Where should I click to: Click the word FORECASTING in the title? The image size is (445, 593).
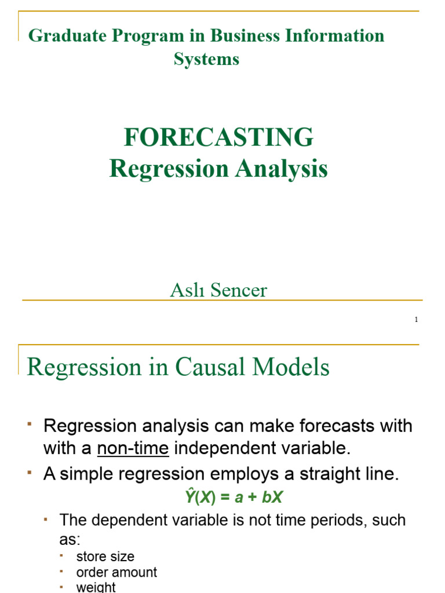tap(218, 137)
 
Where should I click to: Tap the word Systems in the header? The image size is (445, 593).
tap(207, 60)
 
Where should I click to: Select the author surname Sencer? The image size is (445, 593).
tap(239, 291)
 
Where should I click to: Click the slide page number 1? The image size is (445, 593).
tap(416, 320)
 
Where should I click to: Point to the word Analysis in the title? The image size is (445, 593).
tap(282, 169)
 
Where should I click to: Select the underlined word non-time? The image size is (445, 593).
tap(133, 448)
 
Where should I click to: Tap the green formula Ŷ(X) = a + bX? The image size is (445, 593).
tap(234, 496)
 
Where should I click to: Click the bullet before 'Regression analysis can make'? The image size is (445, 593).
tap(29, 424)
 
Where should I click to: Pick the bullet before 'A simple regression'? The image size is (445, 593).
tap(29, 473)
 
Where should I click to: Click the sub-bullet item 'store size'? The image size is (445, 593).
tap(105, 557)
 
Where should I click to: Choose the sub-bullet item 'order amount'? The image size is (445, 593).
tap(116, 572)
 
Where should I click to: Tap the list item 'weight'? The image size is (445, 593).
tap(96, 587)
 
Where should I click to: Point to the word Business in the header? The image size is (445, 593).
tap(245, 36)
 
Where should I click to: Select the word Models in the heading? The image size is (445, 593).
tap(291, 367)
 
